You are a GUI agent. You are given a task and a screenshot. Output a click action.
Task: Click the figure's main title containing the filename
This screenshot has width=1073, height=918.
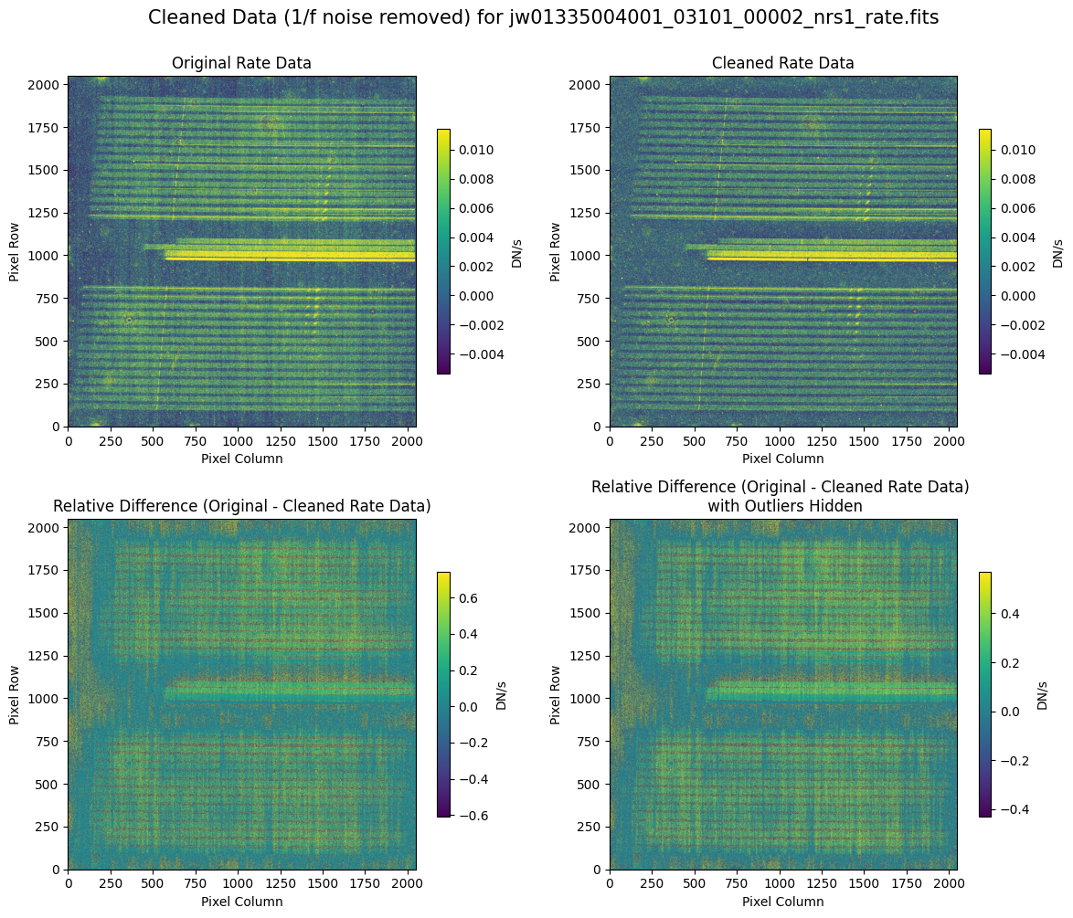[543, 17]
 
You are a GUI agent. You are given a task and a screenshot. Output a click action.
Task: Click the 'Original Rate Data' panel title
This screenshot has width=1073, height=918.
[241, 63]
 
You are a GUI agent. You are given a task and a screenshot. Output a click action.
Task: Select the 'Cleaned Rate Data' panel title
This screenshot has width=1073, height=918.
[782, 63]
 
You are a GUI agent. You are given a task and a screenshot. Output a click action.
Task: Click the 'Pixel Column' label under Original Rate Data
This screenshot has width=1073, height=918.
[241, 459]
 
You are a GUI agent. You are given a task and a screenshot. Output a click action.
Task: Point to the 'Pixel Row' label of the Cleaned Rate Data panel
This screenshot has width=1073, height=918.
[556, 251]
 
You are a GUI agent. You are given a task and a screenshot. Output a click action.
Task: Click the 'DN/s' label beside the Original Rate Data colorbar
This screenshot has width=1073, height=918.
[516, 251]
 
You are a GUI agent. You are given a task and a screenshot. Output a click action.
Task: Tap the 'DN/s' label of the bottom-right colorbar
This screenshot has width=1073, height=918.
[1043, 694]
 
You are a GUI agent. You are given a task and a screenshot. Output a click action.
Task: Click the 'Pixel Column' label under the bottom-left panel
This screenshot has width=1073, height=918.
[241, 902]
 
